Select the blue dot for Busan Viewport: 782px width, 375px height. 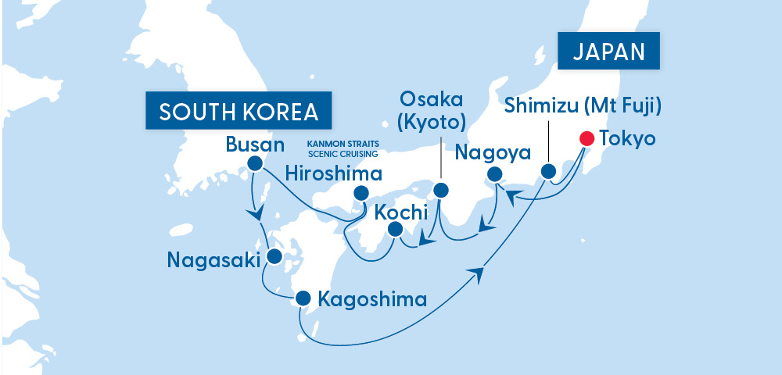point(253,163)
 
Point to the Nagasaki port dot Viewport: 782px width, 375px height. point(274,256)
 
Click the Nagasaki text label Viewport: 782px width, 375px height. point(213,259)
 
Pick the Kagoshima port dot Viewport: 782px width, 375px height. point(303,298)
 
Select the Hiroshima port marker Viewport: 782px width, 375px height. point(361,193)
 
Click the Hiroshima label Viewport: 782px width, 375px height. point(333,173)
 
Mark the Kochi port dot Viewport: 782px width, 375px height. point(396,230)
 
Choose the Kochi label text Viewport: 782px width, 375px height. point(401,211)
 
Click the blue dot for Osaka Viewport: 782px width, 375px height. point(441,190)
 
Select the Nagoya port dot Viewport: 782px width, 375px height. point(494,174)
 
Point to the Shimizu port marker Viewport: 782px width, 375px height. point(549,171)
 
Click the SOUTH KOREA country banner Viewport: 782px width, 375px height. point(237,112)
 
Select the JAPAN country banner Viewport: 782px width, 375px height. point(608,52)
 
